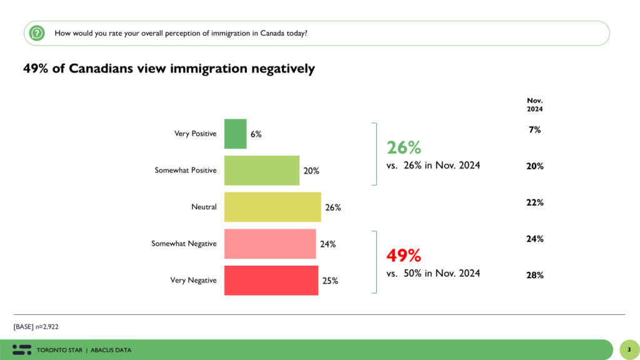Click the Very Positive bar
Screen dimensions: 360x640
point(235,134)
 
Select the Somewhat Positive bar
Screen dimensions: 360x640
point(262,171)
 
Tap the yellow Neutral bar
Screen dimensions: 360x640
point(272,207)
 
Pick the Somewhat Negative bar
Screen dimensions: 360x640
point(270,244)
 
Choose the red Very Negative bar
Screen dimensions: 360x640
point(271,280)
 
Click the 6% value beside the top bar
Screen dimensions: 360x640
point(256,134)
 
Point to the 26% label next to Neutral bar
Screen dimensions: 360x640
point(332,207)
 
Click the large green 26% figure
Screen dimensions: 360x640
point(404,147)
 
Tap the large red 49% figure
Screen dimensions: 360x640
point(404,255)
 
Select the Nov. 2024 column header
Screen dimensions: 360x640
point(534,104)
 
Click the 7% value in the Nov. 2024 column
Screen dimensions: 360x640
point(534,130)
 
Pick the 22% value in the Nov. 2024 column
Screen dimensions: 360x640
point(534,202)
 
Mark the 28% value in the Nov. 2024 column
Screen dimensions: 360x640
point(534,276)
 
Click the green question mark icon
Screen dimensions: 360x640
point(38,32)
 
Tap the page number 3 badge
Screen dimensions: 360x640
point(628,349)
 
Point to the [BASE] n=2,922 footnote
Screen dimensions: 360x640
point(36,326)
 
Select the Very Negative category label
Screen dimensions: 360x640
point(193,281)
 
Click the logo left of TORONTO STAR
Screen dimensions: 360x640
point(22,349)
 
